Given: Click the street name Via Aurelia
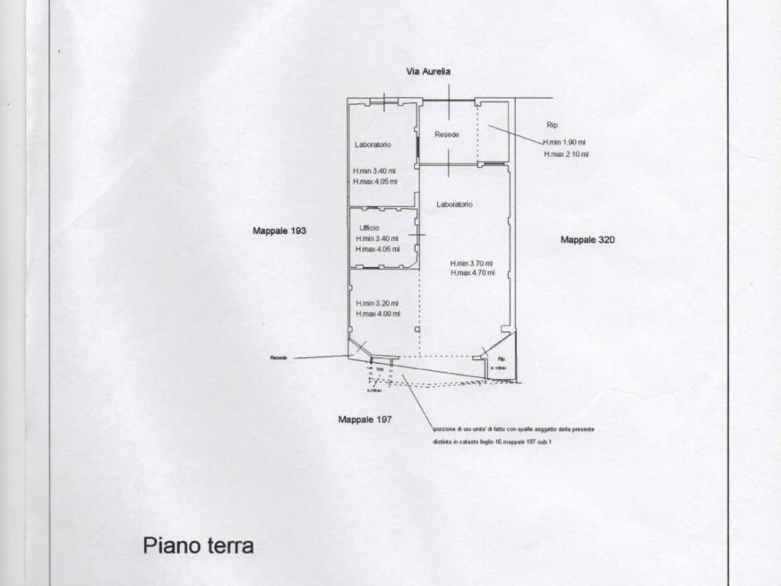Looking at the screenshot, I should (x=429, y=71).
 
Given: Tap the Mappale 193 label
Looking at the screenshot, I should (x=279, y=230).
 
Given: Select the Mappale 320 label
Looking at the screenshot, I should (x=587, y=240).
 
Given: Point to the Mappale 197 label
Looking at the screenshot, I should (x=365, y=419).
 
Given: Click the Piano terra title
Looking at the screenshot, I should (x=198, y=546).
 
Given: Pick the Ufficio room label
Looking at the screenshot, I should (x=369, y=228).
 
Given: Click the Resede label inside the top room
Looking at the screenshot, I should (x=447, y=134).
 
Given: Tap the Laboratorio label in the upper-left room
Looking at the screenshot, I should (x=373, y=144).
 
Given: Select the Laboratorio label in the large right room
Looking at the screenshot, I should (x=455, y=204).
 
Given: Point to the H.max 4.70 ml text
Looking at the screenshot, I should (x=473, y=272).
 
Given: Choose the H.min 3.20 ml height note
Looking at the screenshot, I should (x=378, y=303).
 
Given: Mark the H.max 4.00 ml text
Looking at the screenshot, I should (x=378, y=314).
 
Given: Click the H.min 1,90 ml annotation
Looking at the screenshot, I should (x=565, y=143).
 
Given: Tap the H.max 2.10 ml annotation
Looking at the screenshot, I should (x=566, y=154).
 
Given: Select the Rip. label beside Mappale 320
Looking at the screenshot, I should (x=553, y=124).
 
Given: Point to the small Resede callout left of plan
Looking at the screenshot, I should (x=278, y=357).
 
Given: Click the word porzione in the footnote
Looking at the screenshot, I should (x=445, y=430).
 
